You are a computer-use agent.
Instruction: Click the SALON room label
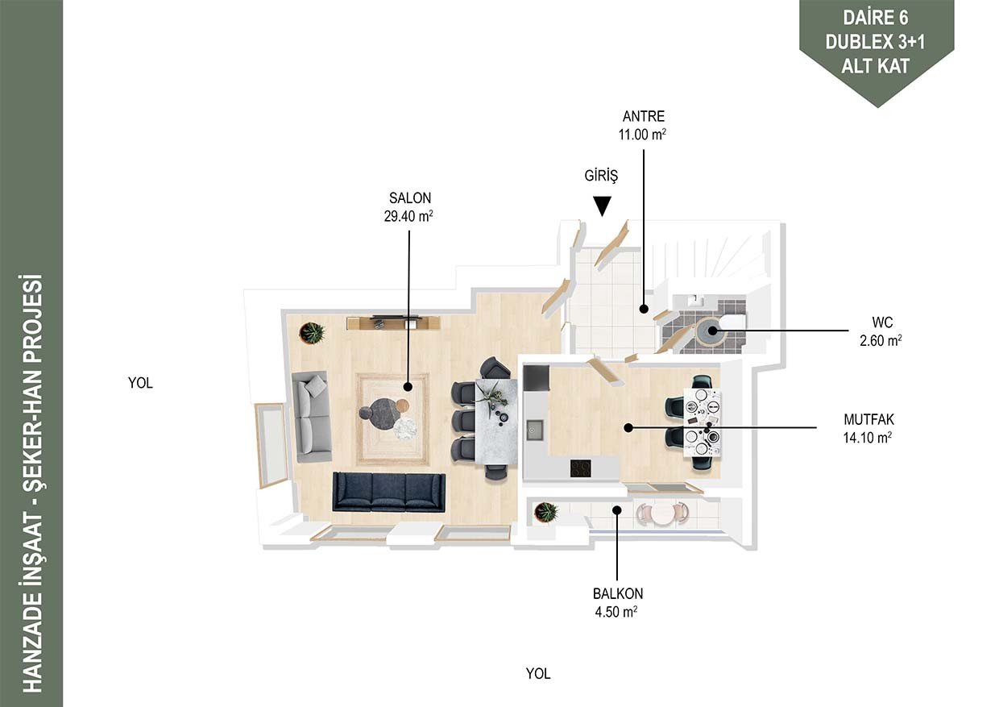[x=410, y=198]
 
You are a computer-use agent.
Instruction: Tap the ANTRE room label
[x=644, y=117]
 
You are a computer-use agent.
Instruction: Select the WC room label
[x=882, y=322]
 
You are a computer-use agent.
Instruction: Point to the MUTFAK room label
[x=868, y=419]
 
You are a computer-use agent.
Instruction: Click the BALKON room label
[x=618, y=593]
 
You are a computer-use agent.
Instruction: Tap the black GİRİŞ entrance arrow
[x=602, y=206]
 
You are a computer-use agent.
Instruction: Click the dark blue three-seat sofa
[x=388, y=493]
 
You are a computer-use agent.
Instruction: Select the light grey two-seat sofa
[x=312, y=417]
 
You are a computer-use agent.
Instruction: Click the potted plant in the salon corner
[x=313, y=332]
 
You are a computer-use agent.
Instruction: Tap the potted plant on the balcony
[x=546, y=511]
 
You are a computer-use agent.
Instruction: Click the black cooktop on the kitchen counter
[x=581, y=468]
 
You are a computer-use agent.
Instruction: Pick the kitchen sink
[x=534, y=430]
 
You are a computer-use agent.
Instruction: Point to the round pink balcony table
[x=662, y=514]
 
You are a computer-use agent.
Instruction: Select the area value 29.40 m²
[x=408, y=217]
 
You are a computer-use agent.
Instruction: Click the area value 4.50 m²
[x=616, y=612]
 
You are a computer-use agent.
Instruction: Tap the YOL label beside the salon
[x=140, y=383]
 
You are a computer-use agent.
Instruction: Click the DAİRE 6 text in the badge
[x=876, y=18]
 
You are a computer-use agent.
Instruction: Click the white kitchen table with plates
[x=703, y=422]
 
